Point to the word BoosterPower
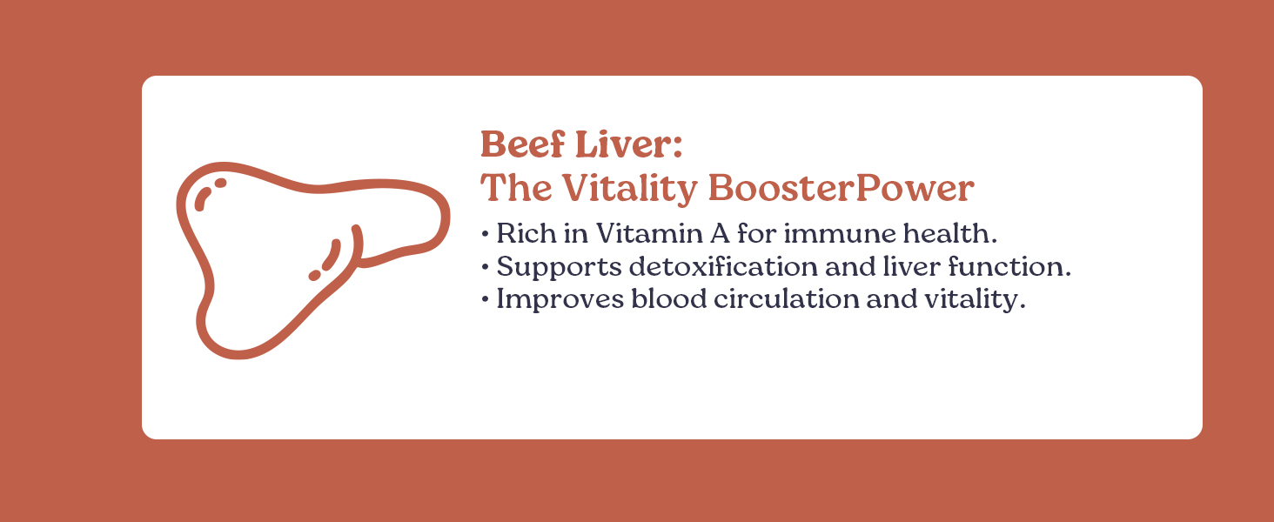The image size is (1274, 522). click(841, 188)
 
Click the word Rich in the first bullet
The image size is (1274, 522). click(520, 234)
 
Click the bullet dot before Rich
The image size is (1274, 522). click(485, 234)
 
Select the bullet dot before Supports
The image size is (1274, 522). click(485, 266)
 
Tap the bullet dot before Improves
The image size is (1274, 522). click(485, 299)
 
